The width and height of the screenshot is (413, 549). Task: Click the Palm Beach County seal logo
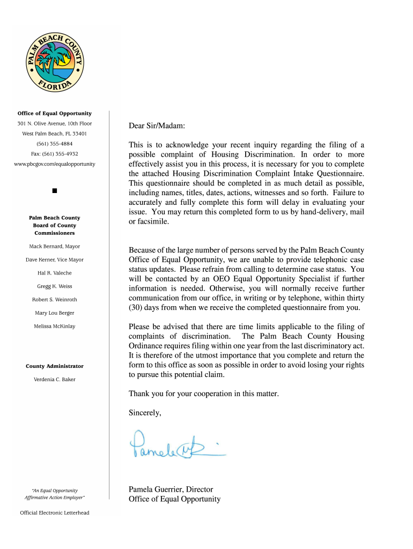click(x=55, y=63)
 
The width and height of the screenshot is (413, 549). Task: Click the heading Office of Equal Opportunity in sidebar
click(x=55, y=114)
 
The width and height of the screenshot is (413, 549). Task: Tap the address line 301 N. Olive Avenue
click(x=55, y=124)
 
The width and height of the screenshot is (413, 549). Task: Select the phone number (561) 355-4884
click(x=55, y=144)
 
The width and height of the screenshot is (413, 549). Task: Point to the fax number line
click(x=55, y=154)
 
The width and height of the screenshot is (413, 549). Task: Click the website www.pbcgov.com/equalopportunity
click(x=55, y=164)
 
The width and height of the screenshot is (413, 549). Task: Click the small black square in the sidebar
click(x=55, y=191)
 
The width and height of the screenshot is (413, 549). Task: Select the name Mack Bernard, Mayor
click(x=55, y=247)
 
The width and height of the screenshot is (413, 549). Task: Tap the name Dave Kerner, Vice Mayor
click(x=55, y=260)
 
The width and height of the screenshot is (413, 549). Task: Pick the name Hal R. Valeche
click(x=55, y=273)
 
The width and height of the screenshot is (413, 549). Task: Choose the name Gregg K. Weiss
click(x=55, y=286)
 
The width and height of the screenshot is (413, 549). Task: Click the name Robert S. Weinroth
click(x=55, y=300)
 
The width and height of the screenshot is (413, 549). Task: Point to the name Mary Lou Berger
click(x=55, y=313)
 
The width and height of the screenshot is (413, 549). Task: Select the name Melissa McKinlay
click(x=55, y=326)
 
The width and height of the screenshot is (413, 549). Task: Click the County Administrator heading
click(x=55, y=366)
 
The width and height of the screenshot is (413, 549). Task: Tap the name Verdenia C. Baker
click(x=55, y=380)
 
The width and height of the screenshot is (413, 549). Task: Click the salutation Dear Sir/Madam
click(x=157, y=126)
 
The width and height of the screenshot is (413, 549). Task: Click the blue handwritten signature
click(x=175, y=446)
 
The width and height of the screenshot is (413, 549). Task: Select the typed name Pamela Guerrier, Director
click(x=171, y=489)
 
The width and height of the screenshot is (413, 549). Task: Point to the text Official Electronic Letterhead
click(x=55, y=513)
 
